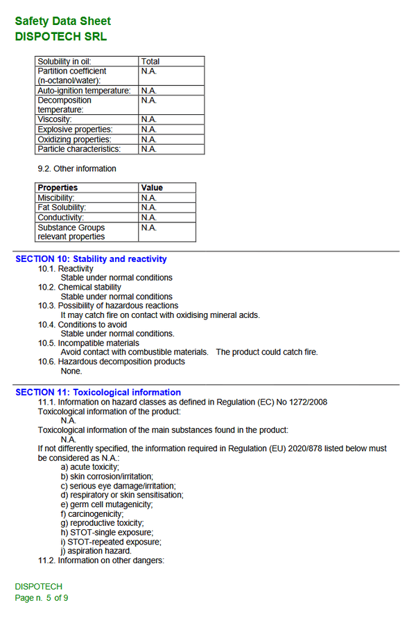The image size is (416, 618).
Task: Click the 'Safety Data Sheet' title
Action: click(62, 21)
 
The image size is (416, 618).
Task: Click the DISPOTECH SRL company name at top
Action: click(61, 37)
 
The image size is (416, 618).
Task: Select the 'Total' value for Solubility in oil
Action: click(150, 62)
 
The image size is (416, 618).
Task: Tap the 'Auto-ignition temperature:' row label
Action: click(84, 91)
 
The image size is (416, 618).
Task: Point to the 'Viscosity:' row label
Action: click(55, 120)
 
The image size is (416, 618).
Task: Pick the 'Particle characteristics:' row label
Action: click(79, 149)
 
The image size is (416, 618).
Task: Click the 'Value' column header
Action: click(152, 188)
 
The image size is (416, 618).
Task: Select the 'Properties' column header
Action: click(58, 188)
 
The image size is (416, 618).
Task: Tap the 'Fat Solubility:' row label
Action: click(62, 207)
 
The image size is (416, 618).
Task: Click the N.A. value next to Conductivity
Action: click(148, 217)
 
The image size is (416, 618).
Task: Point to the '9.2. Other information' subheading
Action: click(77, 168)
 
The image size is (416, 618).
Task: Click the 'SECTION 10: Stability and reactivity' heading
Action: click(91, 259)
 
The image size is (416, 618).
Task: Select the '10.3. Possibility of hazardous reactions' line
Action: click(108, 306)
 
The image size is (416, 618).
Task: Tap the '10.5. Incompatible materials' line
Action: click(89, 343)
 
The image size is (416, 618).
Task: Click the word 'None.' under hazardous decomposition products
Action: click(71, 371)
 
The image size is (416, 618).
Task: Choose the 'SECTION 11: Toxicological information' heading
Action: click(98, 392)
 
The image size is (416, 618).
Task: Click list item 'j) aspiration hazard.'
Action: click(96, 551)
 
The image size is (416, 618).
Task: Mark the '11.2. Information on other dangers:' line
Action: click(101, 560)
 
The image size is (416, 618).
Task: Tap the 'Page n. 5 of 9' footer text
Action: click(42, 597)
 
